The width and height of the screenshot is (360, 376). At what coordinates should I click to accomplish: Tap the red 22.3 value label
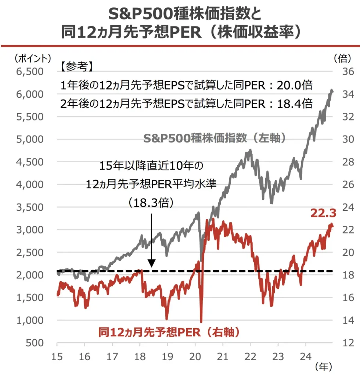pyautogui.click(x=323, y=213)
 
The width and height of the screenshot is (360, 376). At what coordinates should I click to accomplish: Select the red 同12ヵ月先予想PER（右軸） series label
pyautogui.click(x=169, y=333)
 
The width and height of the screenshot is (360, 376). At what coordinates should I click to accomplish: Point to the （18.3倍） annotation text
pyautogui.click(x=151, y=203)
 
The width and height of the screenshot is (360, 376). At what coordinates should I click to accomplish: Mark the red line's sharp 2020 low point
pyautogui.click(x=201, y=322)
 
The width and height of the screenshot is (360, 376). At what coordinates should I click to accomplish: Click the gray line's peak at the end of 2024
pyautogui.click(x=332, y=90)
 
